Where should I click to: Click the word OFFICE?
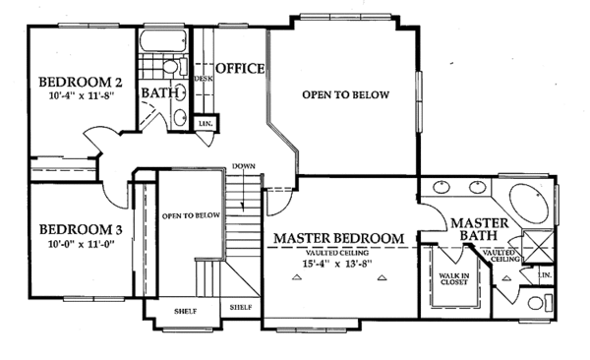click(240, 68)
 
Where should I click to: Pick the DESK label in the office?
click(204, 79)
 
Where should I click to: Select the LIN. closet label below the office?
click(206, 124)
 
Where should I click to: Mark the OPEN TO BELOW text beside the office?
click(345, 95)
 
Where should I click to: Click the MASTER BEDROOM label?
click(338, 239)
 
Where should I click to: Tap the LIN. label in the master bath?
click(546, 277)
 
